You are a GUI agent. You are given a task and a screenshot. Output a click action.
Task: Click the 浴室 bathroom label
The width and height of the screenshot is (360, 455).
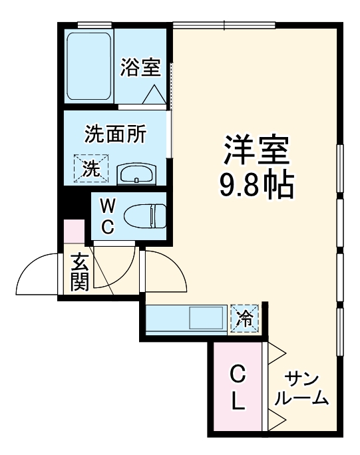tap(140, 67)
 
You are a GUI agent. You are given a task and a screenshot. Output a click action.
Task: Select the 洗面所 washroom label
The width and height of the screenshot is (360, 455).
tap(115, 134)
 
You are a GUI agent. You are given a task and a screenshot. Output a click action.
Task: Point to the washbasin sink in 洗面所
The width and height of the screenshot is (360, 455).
tap(136, 176)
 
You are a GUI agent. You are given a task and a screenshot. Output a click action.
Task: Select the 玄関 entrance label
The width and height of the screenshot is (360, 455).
tap(79, 273)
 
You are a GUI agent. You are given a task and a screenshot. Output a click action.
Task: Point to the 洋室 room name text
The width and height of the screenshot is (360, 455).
tap(257, 151)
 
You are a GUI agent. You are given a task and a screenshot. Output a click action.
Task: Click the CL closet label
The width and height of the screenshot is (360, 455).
tap(238, 387)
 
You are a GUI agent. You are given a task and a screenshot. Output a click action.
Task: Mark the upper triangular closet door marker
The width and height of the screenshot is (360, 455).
tap(277, 353)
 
